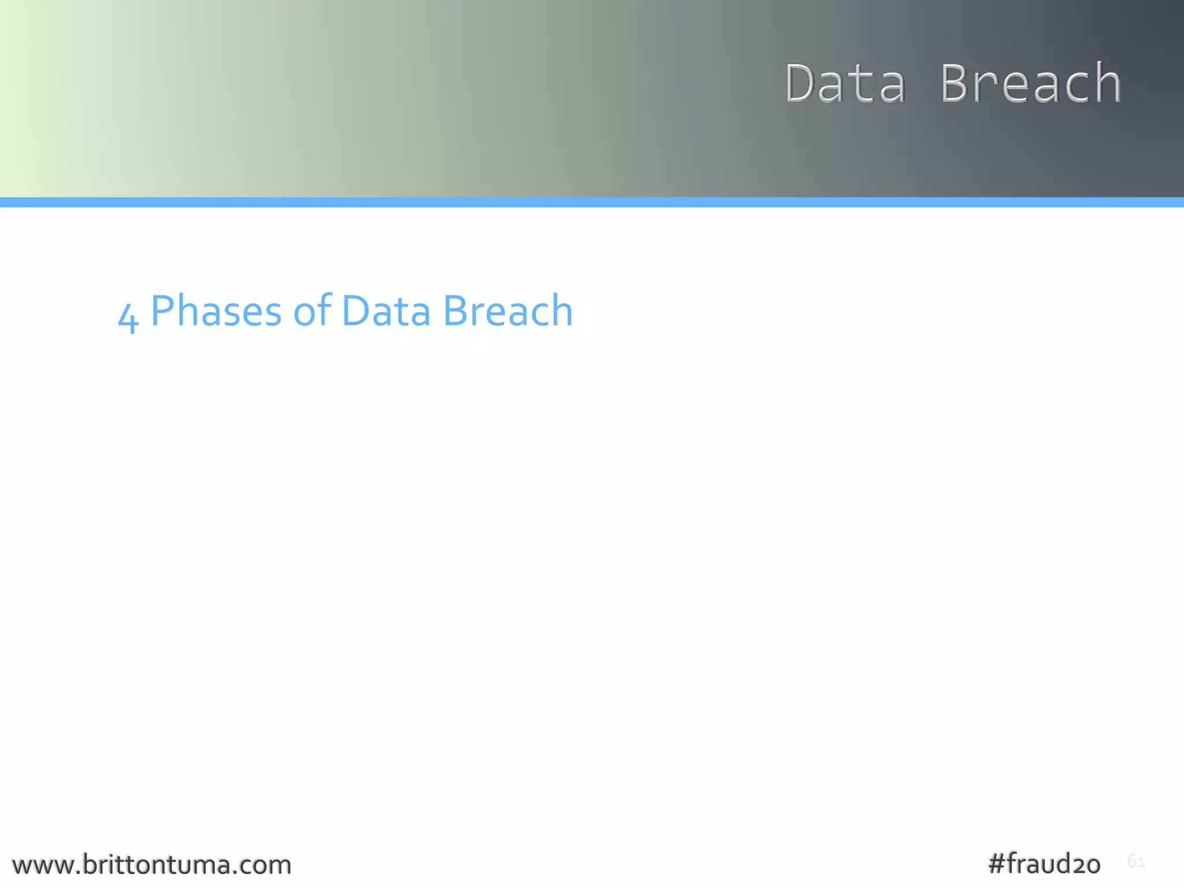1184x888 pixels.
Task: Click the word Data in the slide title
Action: point(845,84)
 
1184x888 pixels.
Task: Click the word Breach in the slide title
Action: point(1031,84)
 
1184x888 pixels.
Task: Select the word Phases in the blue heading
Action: point(216,312)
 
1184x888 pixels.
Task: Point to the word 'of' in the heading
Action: point(312,310)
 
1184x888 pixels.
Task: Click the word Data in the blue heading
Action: point(386,312)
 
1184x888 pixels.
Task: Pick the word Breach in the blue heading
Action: point(508,312)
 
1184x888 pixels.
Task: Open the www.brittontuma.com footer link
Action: point(151,865)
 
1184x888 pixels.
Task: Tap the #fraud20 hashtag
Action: point(1044,864)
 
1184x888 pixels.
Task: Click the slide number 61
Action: point(1136,861)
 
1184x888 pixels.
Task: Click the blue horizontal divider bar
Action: point(592,202)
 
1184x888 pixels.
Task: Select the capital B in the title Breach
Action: point(957,84)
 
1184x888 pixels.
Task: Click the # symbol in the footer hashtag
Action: point(997,864)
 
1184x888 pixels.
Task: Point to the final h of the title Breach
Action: point(1107,84)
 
